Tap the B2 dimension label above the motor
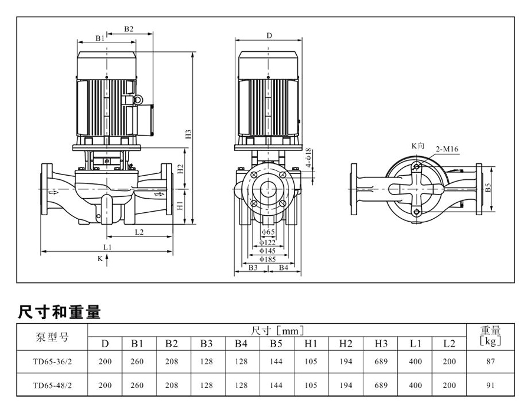pos(129,29)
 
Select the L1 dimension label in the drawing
pos(107,247)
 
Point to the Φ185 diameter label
pos(269,258)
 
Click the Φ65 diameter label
pos(268,232)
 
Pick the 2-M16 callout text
pos(447,150)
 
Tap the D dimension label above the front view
pos(269,35)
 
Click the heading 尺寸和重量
pos(60,312)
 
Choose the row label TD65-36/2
pos(53,362)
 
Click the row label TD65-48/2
pos(53,386)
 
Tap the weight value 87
pos(490,362)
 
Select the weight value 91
pos(490,386)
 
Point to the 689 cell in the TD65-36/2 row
pos(381,362)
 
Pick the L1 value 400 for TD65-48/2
pos(415,386)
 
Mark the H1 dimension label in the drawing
pos(181,206)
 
